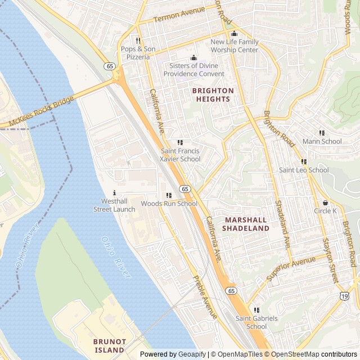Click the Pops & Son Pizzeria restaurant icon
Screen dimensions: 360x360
[x=137, y=40]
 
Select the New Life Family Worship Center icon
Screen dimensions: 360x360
[x=235, y=33]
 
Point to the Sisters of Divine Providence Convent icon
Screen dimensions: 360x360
[x=194, y=57]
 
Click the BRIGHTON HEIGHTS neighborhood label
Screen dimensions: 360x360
[x=213, y=94]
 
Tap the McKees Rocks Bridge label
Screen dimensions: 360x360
[x=38, y=113]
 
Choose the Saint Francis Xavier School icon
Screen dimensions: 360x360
[x=180, y=143]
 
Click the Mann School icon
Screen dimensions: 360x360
[x=322, y=133]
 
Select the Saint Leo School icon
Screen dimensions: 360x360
[x=304, y=161]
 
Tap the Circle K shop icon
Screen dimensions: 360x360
[x=325, y=202]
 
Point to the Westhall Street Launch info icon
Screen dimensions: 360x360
[x=114, y=192]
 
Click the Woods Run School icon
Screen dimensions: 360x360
[x=169, y=195]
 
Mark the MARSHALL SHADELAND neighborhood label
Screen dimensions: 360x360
[x=245, y=224]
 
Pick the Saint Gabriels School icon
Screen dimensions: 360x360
[x=256, y=310]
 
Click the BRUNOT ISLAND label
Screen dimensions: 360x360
[x=109, y=345]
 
